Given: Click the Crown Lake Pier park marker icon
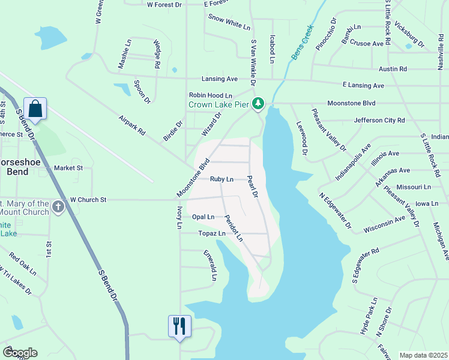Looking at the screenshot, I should coord(258,104).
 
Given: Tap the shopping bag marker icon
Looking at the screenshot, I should coord(35,109).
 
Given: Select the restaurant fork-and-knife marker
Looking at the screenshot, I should coord(179,326).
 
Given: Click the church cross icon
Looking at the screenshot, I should coord(58,208).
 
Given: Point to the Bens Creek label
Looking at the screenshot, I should coord(303,42).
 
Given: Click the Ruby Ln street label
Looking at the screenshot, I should coord(221,179).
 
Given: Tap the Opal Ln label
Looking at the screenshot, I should coord(203,217).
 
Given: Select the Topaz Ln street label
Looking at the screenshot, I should coord(212,233).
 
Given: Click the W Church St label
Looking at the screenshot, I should coord(88,199).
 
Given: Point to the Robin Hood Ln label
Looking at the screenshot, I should coord(210,95).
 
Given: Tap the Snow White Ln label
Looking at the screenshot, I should coord(229,22).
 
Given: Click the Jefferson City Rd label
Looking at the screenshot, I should coord(379,120).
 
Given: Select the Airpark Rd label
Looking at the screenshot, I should coord(133,124).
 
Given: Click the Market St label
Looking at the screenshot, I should coord(68,168).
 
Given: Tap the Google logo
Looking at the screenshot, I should coord(19,353).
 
